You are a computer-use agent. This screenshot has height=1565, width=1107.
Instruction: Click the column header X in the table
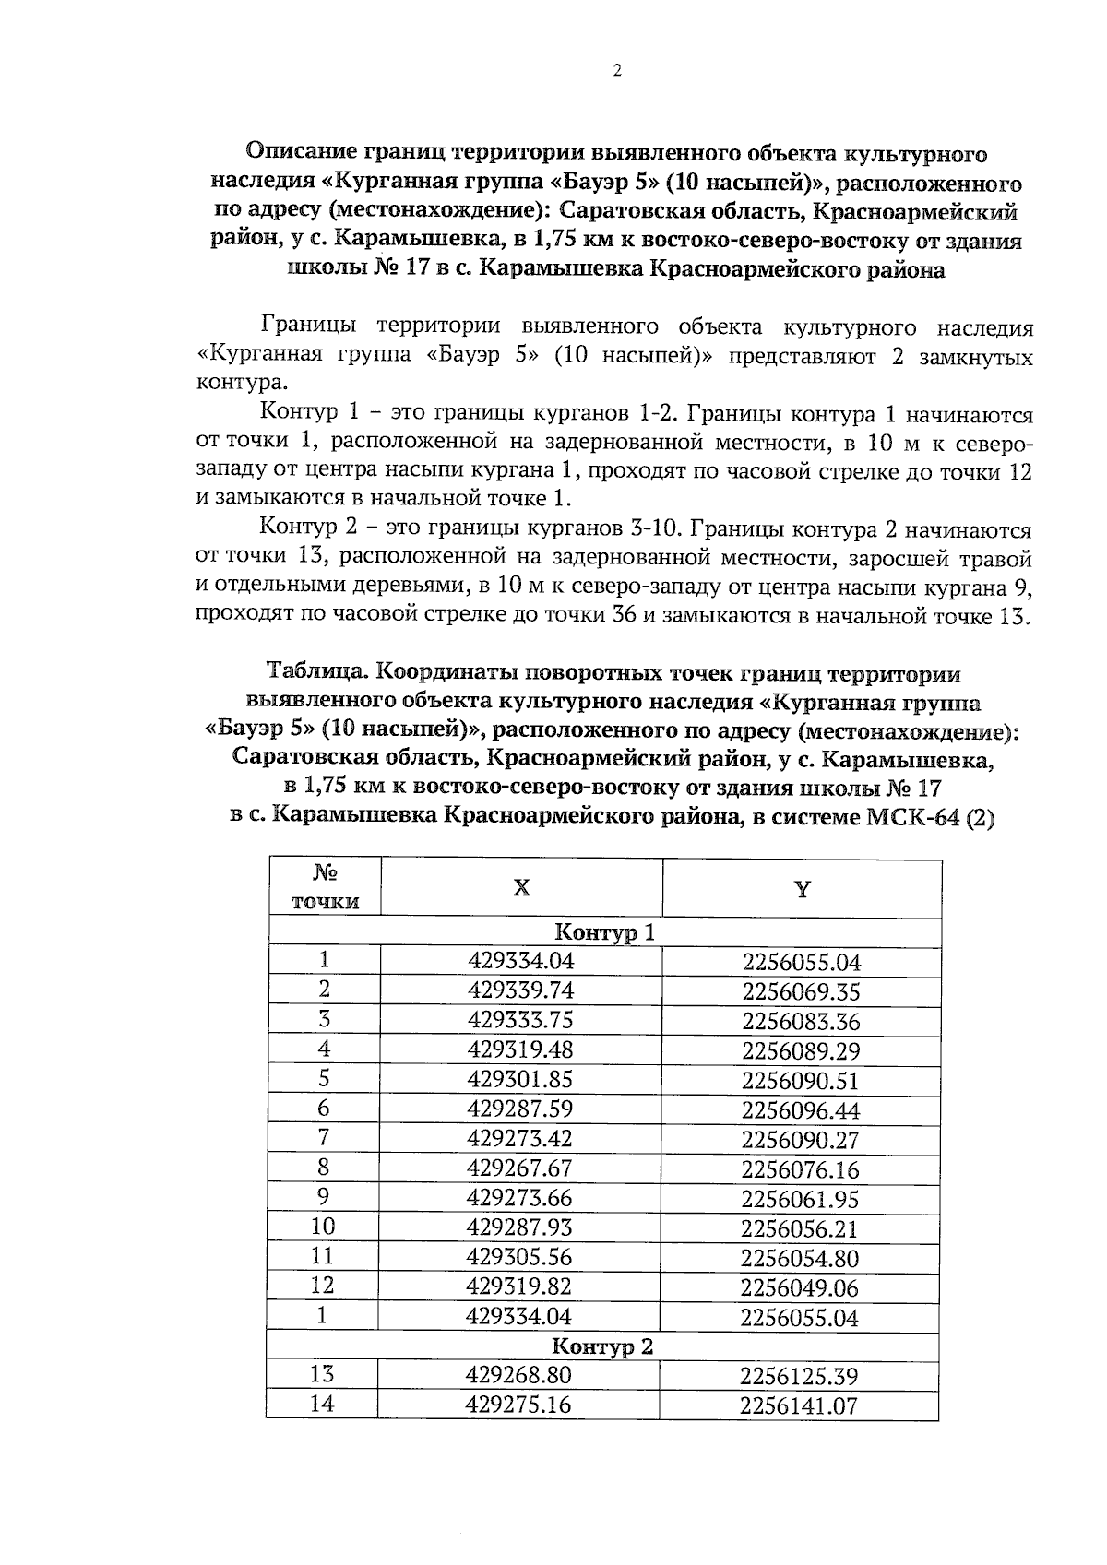521,888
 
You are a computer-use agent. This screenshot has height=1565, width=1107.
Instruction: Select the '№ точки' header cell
325,887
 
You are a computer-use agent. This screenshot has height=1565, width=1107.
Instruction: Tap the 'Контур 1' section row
605,932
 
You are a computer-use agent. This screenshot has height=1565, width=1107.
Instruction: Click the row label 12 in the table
323,1286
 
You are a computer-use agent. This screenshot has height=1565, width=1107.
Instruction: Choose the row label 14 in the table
322,1405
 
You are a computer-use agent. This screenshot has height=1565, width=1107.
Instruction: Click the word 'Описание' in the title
304,153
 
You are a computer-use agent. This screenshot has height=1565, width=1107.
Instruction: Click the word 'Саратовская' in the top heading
636,212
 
